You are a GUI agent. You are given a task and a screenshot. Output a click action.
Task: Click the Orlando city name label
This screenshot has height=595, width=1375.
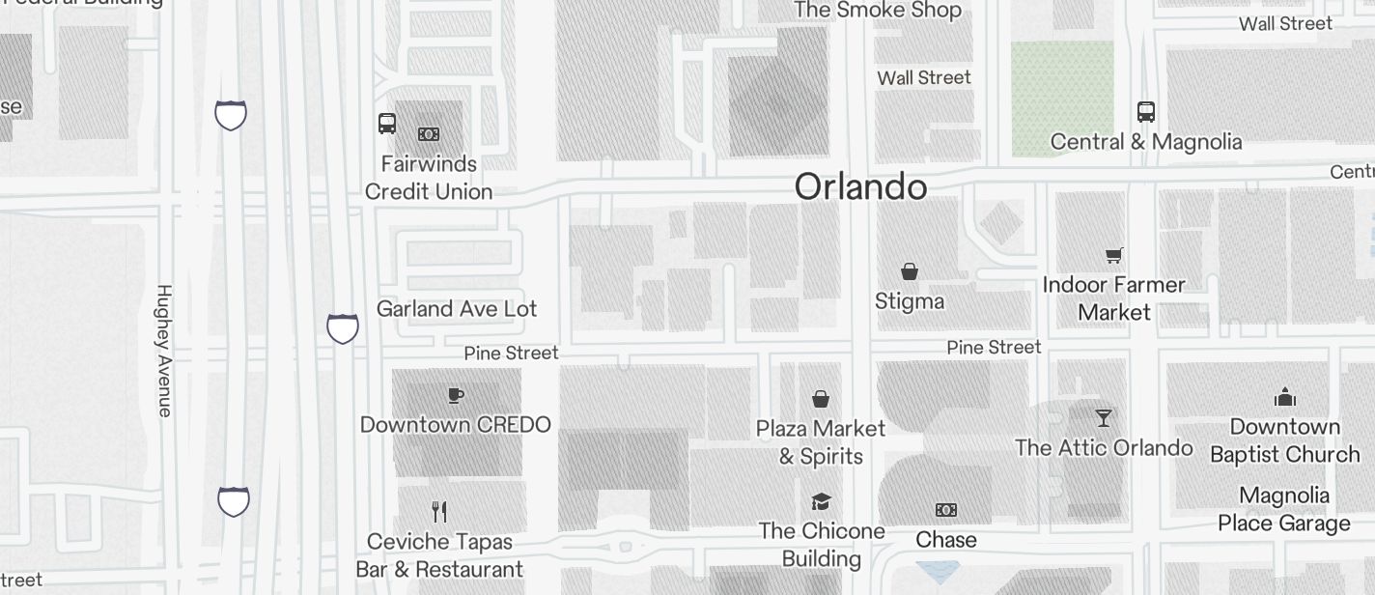pyautogui.click(x=860, y=186)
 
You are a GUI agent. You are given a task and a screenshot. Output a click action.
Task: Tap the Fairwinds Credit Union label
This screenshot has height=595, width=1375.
pyautogui.click(x=429, y=178)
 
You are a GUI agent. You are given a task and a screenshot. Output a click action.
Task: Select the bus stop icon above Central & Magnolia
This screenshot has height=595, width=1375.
pyautogui.click(x=1145, y=112)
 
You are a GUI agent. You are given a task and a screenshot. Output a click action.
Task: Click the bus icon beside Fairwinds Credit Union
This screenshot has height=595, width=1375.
pyautogui.click(x=387, y=124)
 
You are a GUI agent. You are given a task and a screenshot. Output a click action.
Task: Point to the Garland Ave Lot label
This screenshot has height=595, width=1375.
pyautogui.click(x=457, y=309)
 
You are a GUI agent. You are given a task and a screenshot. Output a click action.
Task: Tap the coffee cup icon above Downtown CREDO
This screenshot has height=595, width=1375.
pyautogui.click(x=456, y=395)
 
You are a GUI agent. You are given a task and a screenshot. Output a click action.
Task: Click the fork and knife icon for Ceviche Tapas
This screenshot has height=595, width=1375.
pyautogui.click(x=439, y=511)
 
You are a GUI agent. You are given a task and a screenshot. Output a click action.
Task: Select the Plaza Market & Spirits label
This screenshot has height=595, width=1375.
pyautogui.click(x=821, y=441)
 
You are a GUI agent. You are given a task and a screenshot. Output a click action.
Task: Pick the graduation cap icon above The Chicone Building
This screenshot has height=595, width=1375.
pyautogui.click(x=821, y=501)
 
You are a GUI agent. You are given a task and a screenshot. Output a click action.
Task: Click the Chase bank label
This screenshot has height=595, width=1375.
pyautogui.click(x=945, y=540)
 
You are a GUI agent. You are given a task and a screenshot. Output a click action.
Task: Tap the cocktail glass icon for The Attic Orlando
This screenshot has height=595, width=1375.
pyautogui.click(x=1104, y=418)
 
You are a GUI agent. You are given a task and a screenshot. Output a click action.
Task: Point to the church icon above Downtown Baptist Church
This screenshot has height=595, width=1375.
pyautogui.click(x=1284, y=397)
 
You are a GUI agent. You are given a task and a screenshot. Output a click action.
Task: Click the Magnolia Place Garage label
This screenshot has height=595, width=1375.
pyautogui.click(x=1284, y=509)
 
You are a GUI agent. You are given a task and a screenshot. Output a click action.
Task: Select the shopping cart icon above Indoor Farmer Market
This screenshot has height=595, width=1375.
pyautogui.click(x=1114, y=256)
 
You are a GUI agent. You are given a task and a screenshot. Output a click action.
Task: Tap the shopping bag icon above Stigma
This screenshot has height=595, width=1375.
pyautogui.click(x=909, y=271)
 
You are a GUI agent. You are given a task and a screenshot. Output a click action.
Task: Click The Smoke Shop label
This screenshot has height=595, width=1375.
pyautogui.click(x=878, y=11)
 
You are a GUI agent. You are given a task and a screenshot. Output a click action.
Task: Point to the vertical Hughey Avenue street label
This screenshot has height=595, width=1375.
pyautogui.click(x=164, y=351)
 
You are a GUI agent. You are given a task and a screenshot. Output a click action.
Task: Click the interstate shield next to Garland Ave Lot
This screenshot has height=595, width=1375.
pyautogui.click(x=343, y=328)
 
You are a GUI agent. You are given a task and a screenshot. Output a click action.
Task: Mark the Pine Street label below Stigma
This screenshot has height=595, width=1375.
pyautogui.click(x=994, y=347)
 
